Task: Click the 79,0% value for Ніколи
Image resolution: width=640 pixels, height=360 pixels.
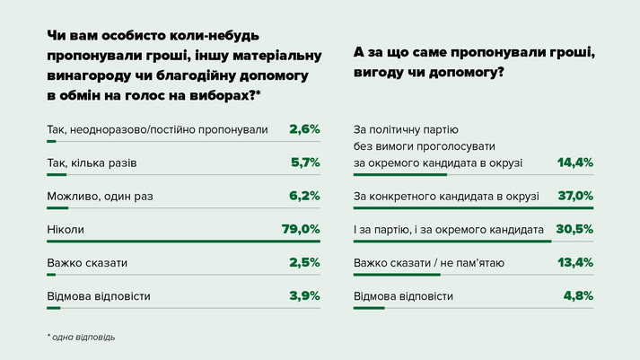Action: pos(301,230)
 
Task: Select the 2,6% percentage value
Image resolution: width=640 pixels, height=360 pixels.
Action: pos(305,129)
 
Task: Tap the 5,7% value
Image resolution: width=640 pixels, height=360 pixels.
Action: pos(305,163)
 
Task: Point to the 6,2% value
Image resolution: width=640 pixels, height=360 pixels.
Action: pos(305,197)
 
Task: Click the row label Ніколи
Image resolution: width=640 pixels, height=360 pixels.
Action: pos(65,230)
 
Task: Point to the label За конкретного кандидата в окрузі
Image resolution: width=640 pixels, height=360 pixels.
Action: pos(446,197)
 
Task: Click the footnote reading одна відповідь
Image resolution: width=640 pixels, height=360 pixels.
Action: pos(84,338)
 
